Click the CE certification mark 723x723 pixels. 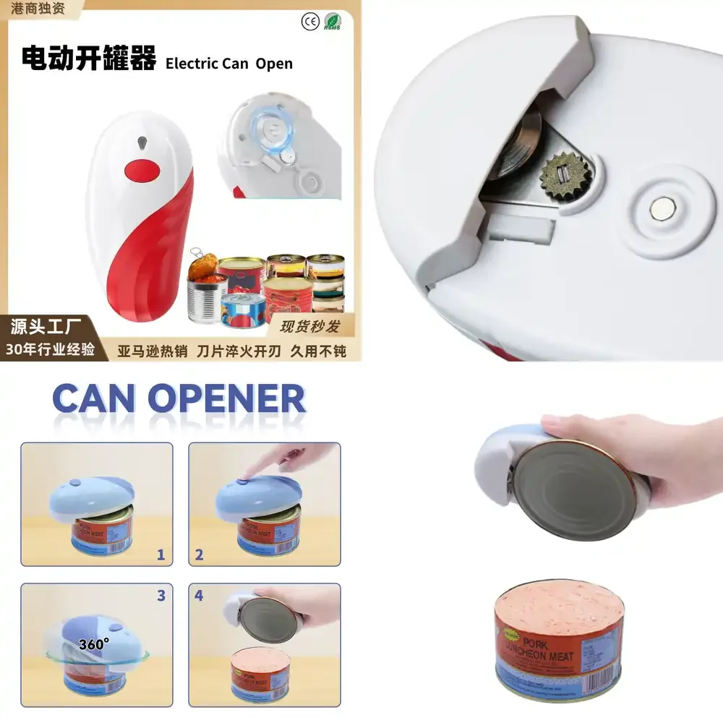[309, 22]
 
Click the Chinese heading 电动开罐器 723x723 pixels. [89, 59]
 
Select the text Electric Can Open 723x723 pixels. [229, 64]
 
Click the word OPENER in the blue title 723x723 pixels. [226, 399]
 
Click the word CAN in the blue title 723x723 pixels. [95, 399]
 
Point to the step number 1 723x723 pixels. [161, 555]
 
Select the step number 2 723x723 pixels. [200, 555]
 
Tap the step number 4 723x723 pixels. [200, 596]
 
